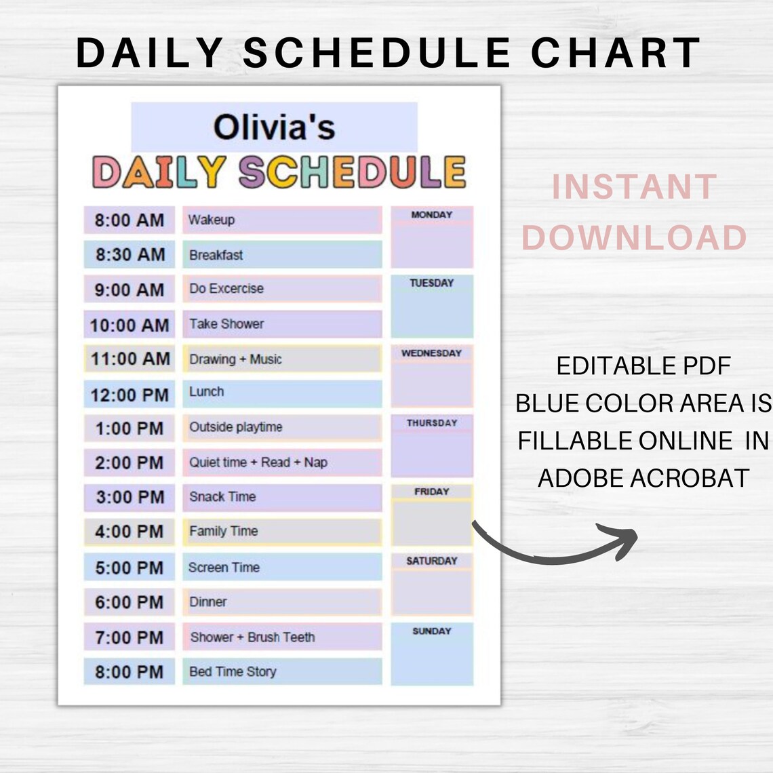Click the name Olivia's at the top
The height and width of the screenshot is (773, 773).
[274, 127]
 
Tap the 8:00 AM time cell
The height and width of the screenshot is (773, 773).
[130, 220]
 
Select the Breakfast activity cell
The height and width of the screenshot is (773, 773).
[281, 255]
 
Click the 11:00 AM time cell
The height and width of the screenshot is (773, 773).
[130, 359]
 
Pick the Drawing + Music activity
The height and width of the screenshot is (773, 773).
[281, 359]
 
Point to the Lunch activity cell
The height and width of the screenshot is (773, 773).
[281, 393]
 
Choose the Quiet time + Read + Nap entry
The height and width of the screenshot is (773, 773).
[281, 462]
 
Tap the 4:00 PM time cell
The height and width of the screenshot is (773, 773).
[130, 532]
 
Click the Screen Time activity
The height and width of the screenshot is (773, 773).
[281, 567]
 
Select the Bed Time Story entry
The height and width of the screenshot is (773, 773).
[281, 671]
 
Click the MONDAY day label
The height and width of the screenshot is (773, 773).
[431, 214]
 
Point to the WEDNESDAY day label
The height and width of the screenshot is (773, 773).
[431, 353]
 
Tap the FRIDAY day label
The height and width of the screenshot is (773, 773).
[431, 492]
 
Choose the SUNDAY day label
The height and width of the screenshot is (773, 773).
[431, 631]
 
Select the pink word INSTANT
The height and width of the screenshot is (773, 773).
[634, 187]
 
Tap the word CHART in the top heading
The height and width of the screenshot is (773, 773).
[616, 53]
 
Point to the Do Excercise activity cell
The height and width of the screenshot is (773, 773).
[281, 289]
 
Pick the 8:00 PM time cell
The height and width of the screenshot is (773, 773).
[130, 672]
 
